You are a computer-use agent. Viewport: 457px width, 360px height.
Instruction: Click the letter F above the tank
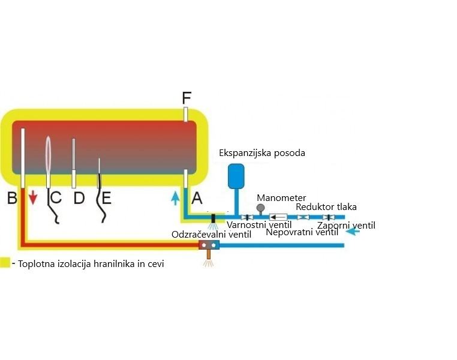[x=187, y=97]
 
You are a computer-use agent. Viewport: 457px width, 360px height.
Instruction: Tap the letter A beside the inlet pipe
[x=197, y=197]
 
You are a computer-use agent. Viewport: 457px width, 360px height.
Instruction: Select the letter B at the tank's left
[x=11, y=197]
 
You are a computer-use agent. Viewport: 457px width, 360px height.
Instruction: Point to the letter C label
[x=55, y=197]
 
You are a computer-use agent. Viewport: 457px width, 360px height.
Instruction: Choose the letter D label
[x=79, y=197]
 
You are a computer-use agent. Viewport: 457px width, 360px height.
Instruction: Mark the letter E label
[x=106, y=197]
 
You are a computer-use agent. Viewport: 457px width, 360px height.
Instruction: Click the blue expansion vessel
[x=235, y=175]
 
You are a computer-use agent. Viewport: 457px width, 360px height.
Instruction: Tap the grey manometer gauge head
[x=261, y=208]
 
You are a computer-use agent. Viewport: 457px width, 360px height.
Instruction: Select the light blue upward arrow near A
[x=175, y=197]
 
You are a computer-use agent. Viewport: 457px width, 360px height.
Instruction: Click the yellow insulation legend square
[x=5, y=263]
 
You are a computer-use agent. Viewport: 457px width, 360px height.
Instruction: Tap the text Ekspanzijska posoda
[x=262, y=153]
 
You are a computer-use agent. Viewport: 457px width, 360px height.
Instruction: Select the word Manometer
[x=281, y=197]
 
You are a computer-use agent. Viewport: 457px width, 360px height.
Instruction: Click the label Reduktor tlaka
[x=326, y=207]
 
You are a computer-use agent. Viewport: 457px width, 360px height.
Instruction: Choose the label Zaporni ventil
[x=346, y=225]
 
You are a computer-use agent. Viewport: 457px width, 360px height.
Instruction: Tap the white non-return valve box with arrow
[x=278, y=217]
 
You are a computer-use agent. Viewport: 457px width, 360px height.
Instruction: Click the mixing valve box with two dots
[x=209, y=245]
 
